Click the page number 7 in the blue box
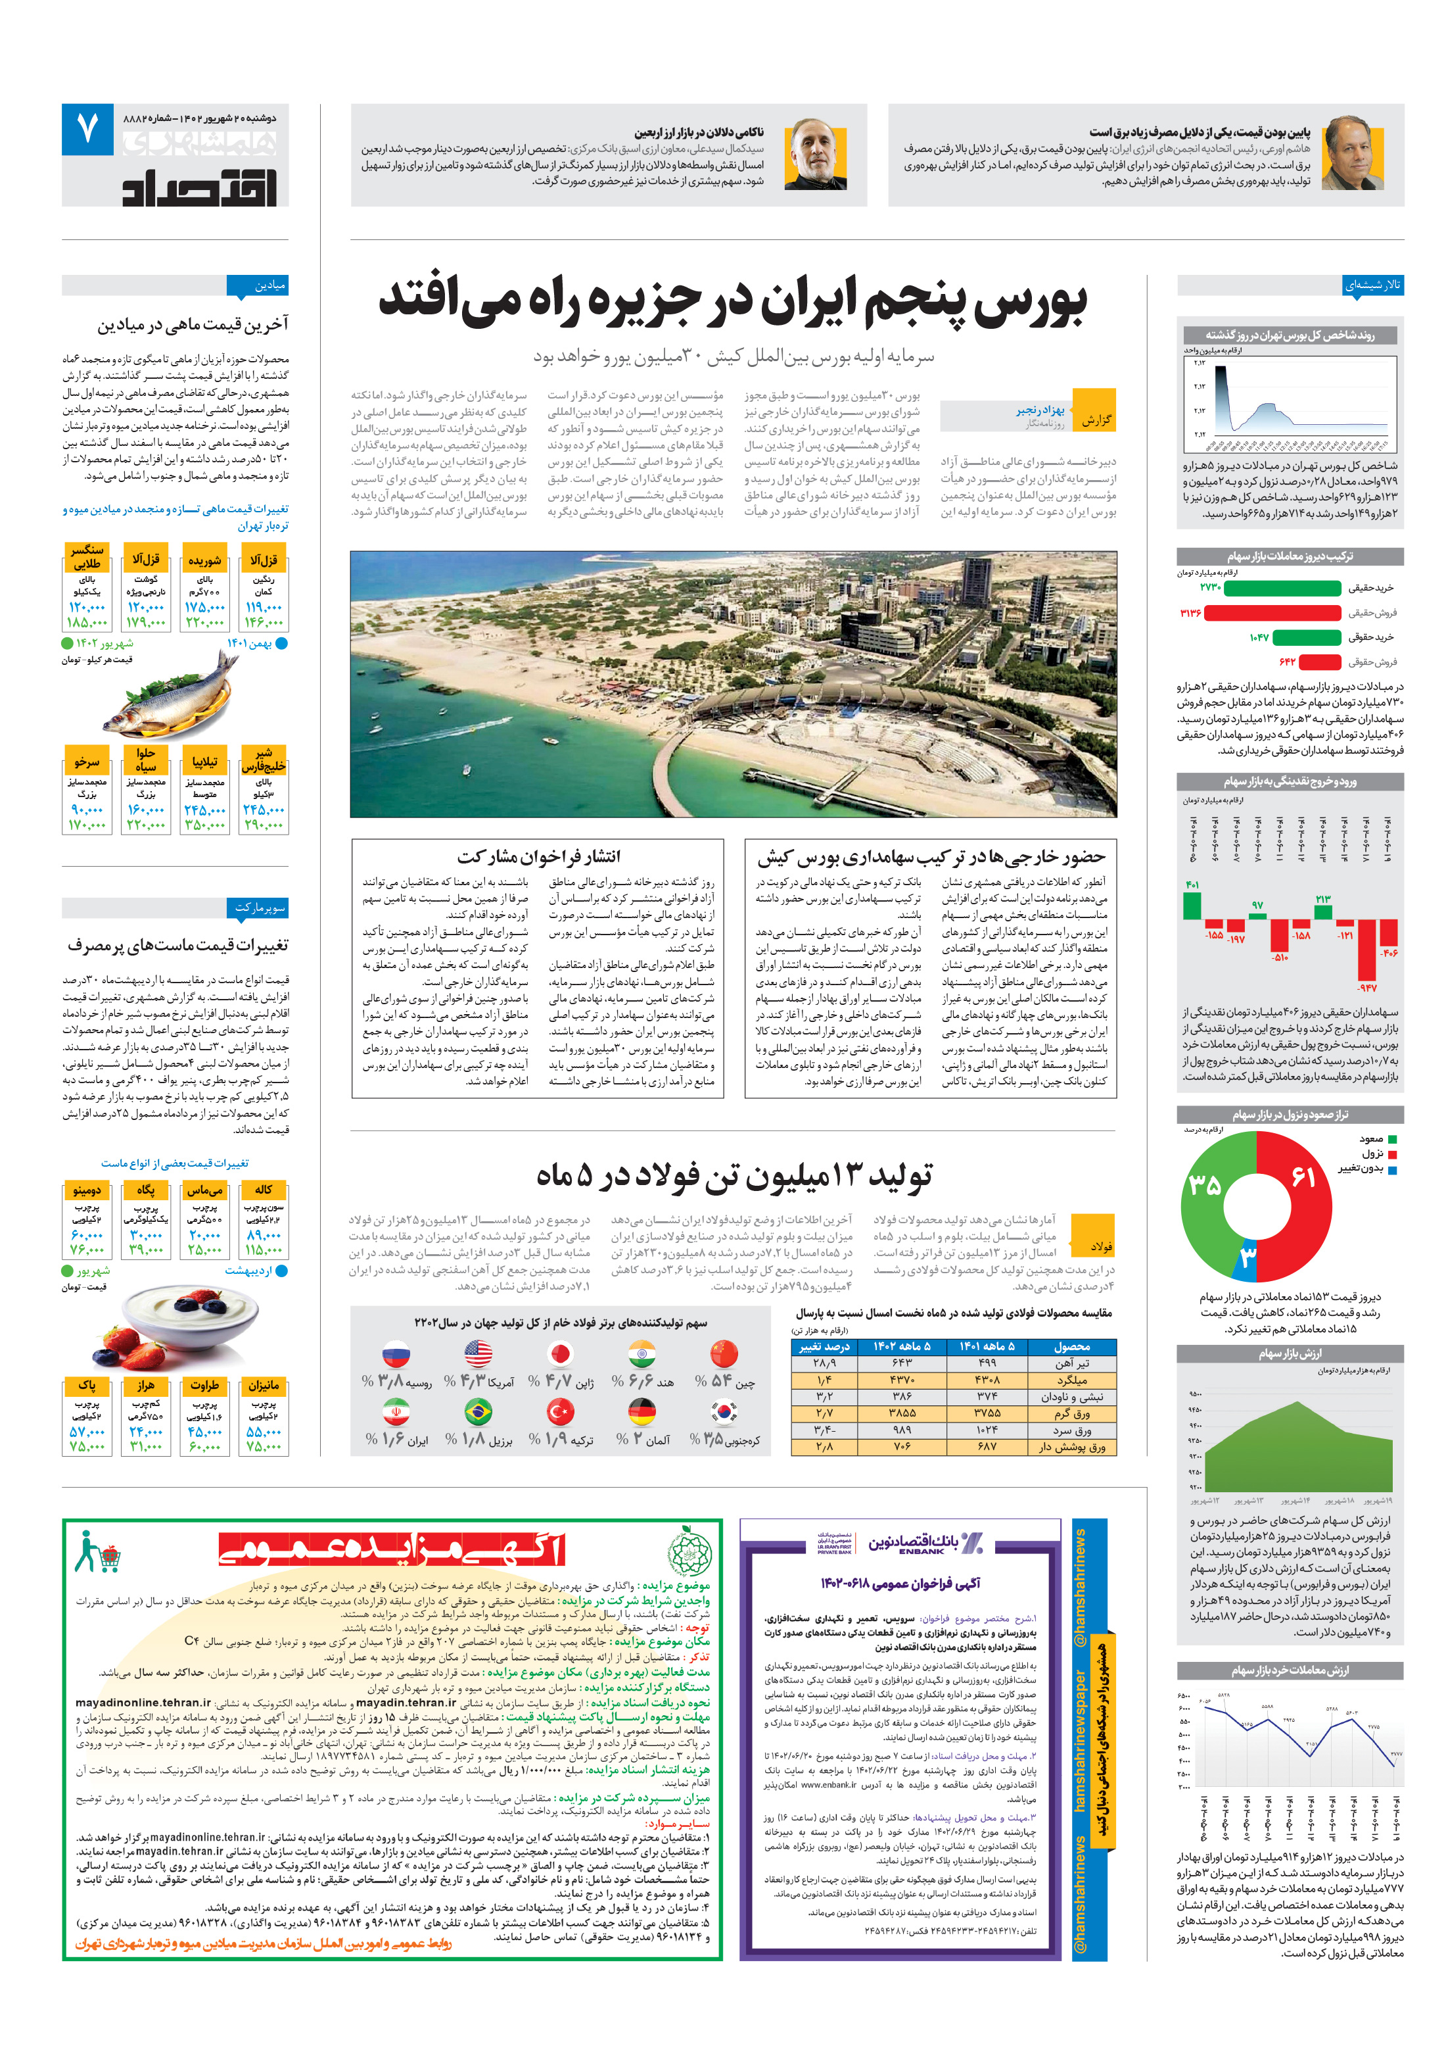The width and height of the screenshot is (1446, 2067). pos(87,129)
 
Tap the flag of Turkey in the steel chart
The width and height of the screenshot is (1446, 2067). pos(561,1411)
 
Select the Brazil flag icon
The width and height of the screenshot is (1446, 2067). pos(478,1411)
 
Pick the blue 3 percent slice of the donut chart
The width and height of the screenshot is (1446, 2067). pos(1246,1257)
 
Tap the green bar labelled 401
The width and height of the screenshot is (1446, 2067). pos(1192,905)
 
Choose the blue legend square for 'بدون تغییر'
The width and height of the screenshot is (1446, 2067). pos(1393,1169)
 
